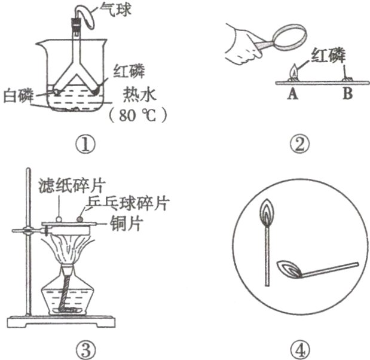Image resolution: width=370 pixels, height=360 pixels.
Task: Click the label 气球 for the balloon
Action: pyautogui.click(x=115, y=9)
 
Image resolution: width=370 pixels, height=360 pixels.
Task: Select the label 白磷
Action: pyautogui.click(x=19, y=96)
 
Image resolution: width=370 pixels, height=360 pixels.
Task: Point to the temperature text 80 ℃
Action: pyautogui.click(x=137, y=115)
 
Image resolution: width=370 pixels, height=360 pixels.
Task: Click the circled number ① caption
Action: pyautogui.click(x=85, y=144)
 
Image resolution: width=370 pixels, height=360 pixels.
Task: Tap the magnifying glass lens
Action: pyautogui.click(x=289, y=37)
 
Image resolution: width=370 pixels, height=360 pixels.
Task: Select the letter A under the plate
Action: pyautogui.click(x=293, y=94)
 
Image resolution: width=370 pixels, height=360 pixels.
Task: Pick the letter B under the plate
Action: pyautogui.click(x=348, y=93)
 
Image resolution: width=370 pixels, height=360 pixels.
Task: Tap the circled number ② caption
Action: pyautogui.click(x=299, y=144)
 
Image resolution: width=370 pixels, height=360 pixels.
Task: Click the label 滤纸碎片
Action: pyautogui.click(x=71, y=186)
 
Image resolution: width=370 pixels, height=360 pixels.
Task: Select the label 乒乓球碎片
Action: pyautogui.click(x=127, y=203)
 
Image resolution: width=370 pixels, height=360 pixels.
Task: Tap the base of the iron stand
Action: pyautogui.click(x=62, y=322)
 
